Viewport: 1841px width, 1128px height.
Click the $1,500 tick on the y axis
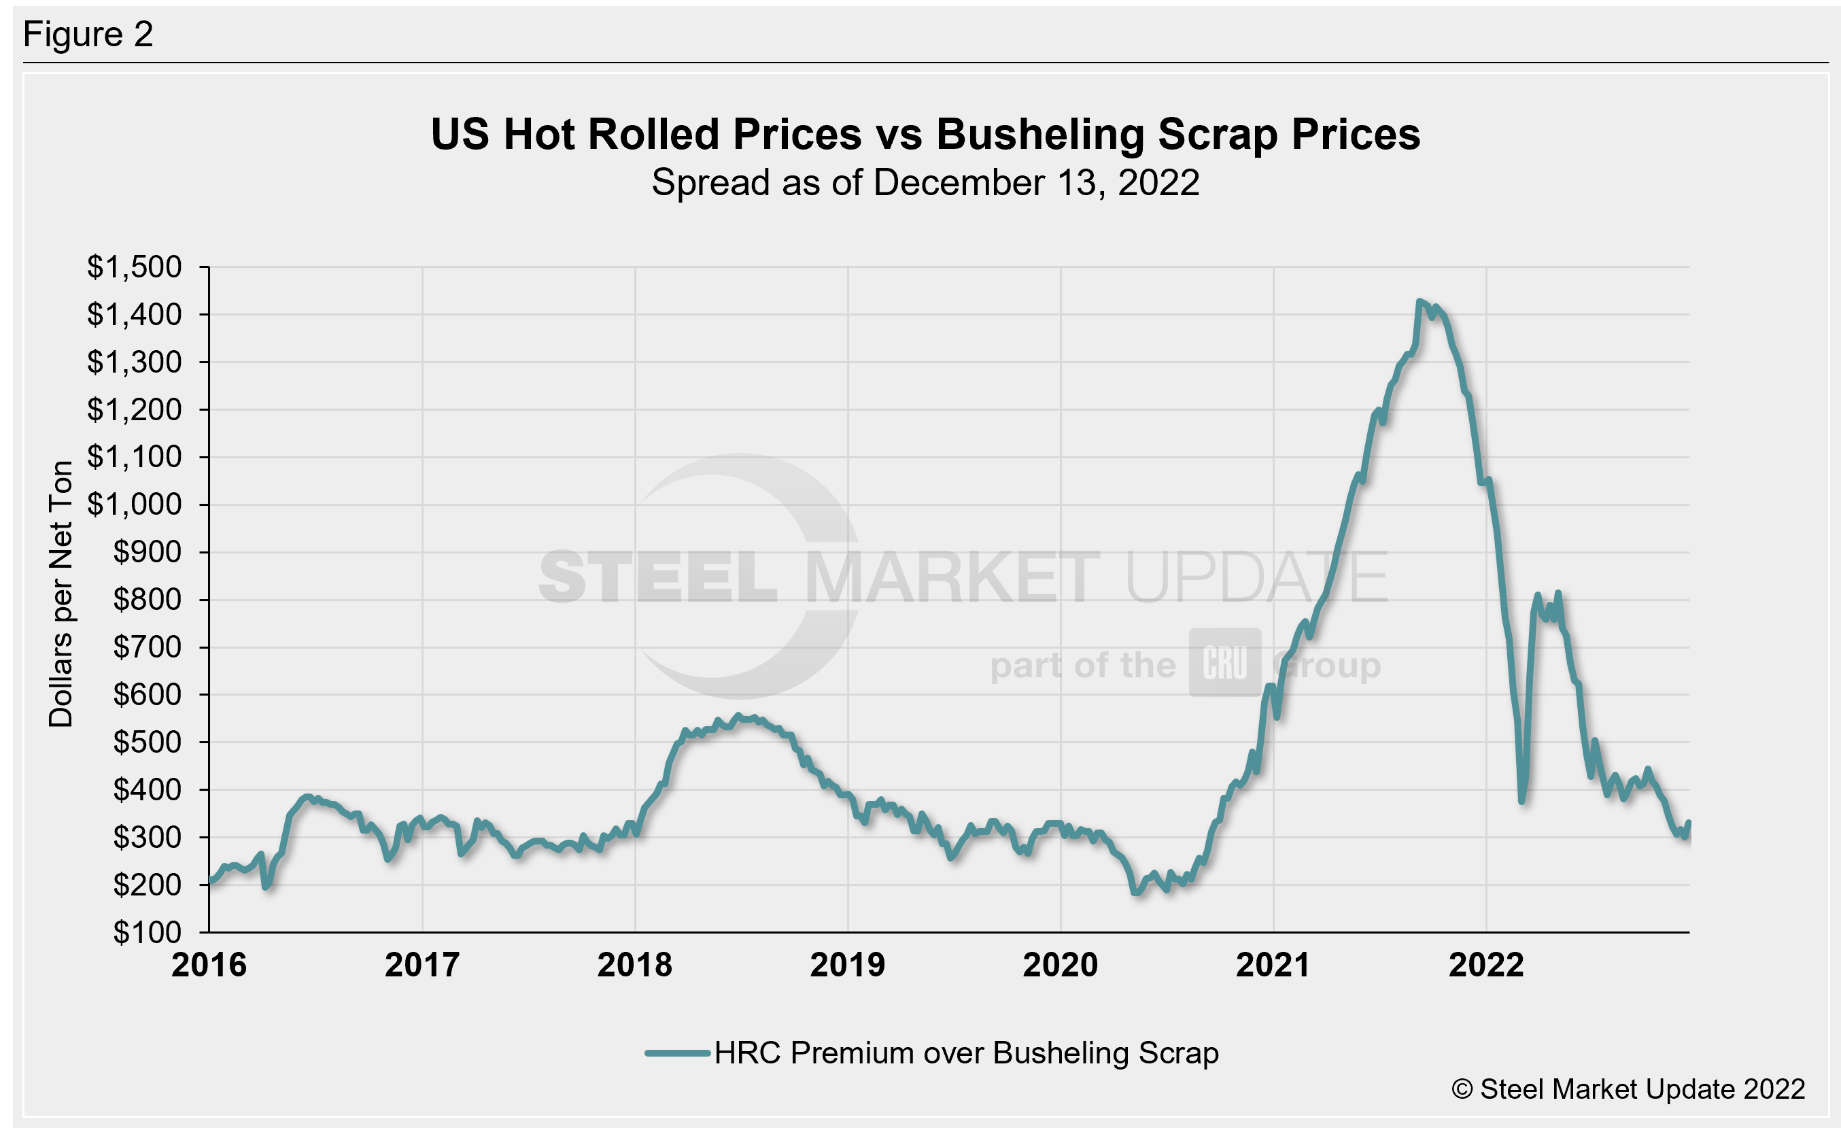tap(135, 267)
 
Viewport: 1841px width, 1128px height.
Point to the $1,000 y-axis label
tap(135, 505)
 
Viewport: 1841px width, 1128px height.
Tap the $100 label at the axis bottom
tap(148, 932)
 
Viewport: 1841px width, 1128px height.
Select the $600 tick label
tap(148, 694)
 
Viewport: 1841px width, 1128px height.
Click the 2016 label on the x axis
tap(209, 964)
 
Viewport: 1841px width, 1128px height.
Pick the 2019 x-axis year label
tap(847, 964)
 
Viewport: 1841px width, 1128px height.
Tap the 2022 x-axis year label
tap(1486, 964)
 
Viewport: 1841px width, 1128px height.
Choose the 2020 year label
tap(1061, 964)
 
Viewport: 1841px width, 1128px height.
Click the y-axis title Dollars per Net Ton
tap(61, 594)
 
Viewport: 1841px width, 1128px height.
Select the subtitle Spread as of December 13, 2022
tap(925, 182)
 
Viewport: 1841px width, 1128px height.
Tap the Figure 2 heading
tap(88, 35)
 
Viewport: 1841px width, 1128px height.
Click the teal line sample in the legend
tap(677, 1053)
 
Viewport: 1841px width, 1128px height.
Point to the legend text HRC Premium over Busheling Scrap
tap(966, 1053)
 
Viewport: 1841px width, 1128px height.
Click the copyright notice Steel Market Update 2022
tap(1628, 1089)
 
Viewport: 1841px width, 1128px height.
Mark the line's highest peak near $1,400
tap(1419, 302)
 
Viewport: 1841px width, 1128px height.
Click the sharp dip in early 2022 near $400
tap(1522, 801)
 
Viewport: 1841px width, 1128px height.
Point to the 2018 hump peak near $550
tap(738, 716)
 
